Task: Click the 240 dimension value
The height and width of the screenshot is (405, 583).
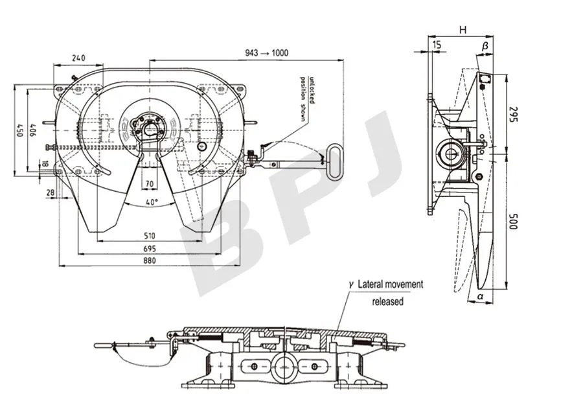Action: [x=78, y=58]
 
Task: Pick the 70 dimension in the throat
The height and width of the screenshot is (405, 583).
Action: [x=150, y=184]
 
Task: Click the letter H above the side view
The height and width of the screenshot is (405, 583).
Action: [x=463, y=30]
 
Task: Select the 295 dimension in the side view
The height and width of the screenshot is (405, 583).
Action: [x=512, y=115]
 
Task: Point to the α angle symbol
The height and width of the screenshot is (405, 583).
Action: [x=479, y=296]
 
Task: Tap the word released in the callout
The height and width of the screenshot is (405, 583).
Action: [x=387, y=301]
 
